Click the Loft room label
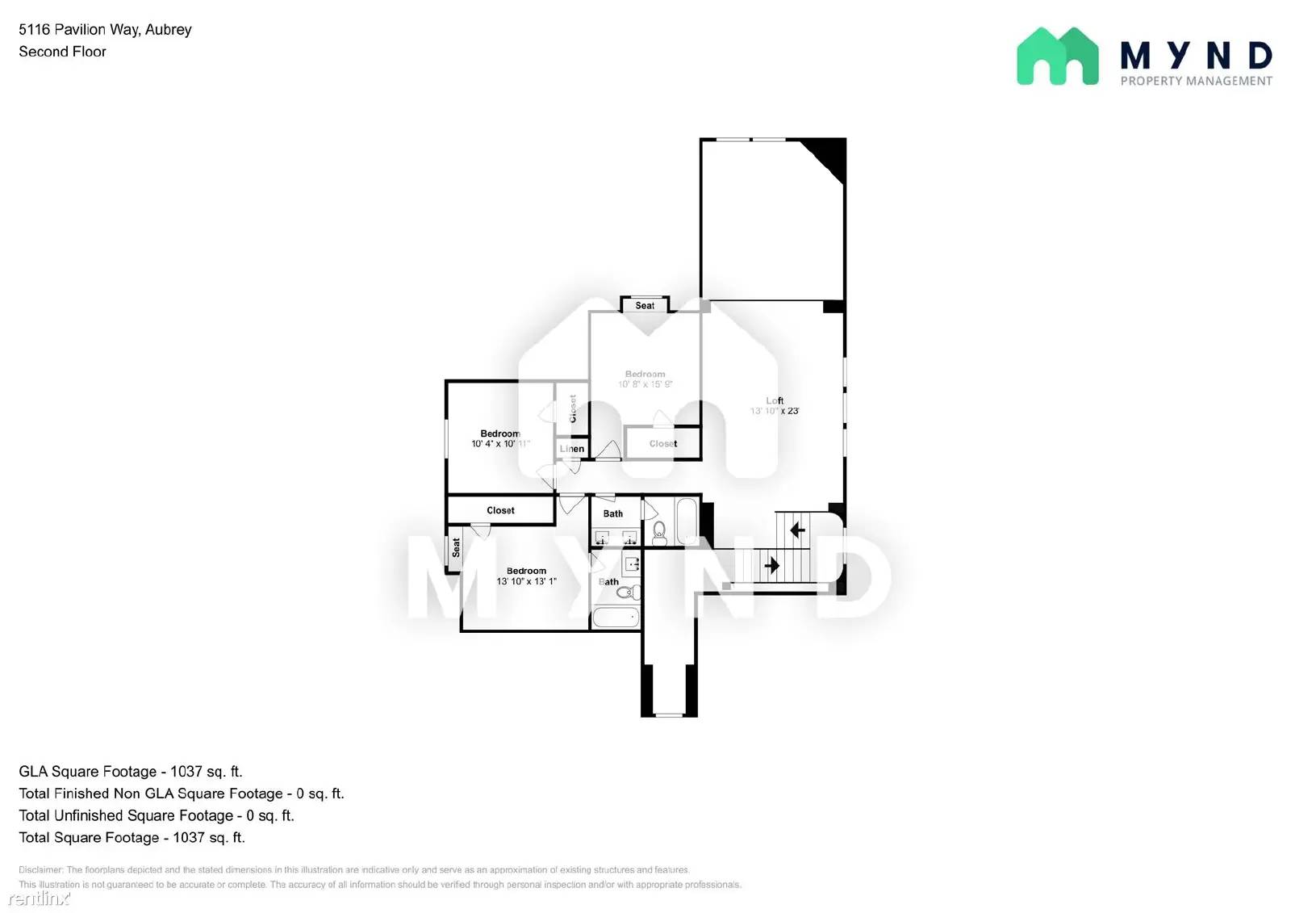pos(775,400)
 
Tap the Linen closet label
pos(572,449)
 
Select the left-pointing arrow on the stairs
pos(797,530)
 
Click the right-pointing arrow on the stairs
pos(771,565)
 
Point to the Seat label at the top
pos(645,305)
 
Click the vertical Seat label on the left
pos(456,548)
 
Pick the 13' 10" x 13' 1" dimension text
pos(526,581)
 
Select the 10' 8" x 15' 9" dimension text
pos(645,384)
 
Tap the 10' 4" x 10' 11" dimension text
pos(500,443)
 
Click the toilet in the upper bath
pos(659,530)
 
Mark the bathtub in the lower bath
pos(616,618)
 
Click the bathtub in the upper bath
pos(687,521)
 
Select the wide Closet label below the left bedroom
pos(500,510)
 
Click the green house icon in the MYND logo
pos(1057,57)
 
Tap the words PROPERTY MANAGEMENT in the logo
pos(1196,81)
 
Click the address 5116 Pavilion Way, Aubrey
pos(105,30)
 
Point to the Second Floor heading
pos(62,52)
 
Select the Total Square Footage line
pos(132,837)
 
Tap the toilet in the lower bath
pos(627,593)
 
